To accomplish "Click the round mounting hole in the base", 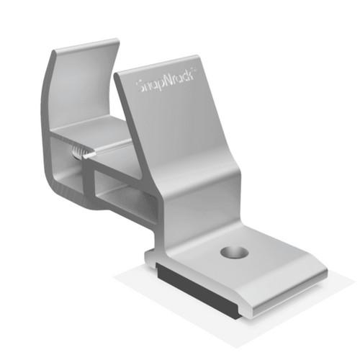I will pos(234,253).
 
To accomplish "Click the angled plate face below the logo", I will pos(180,137).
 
